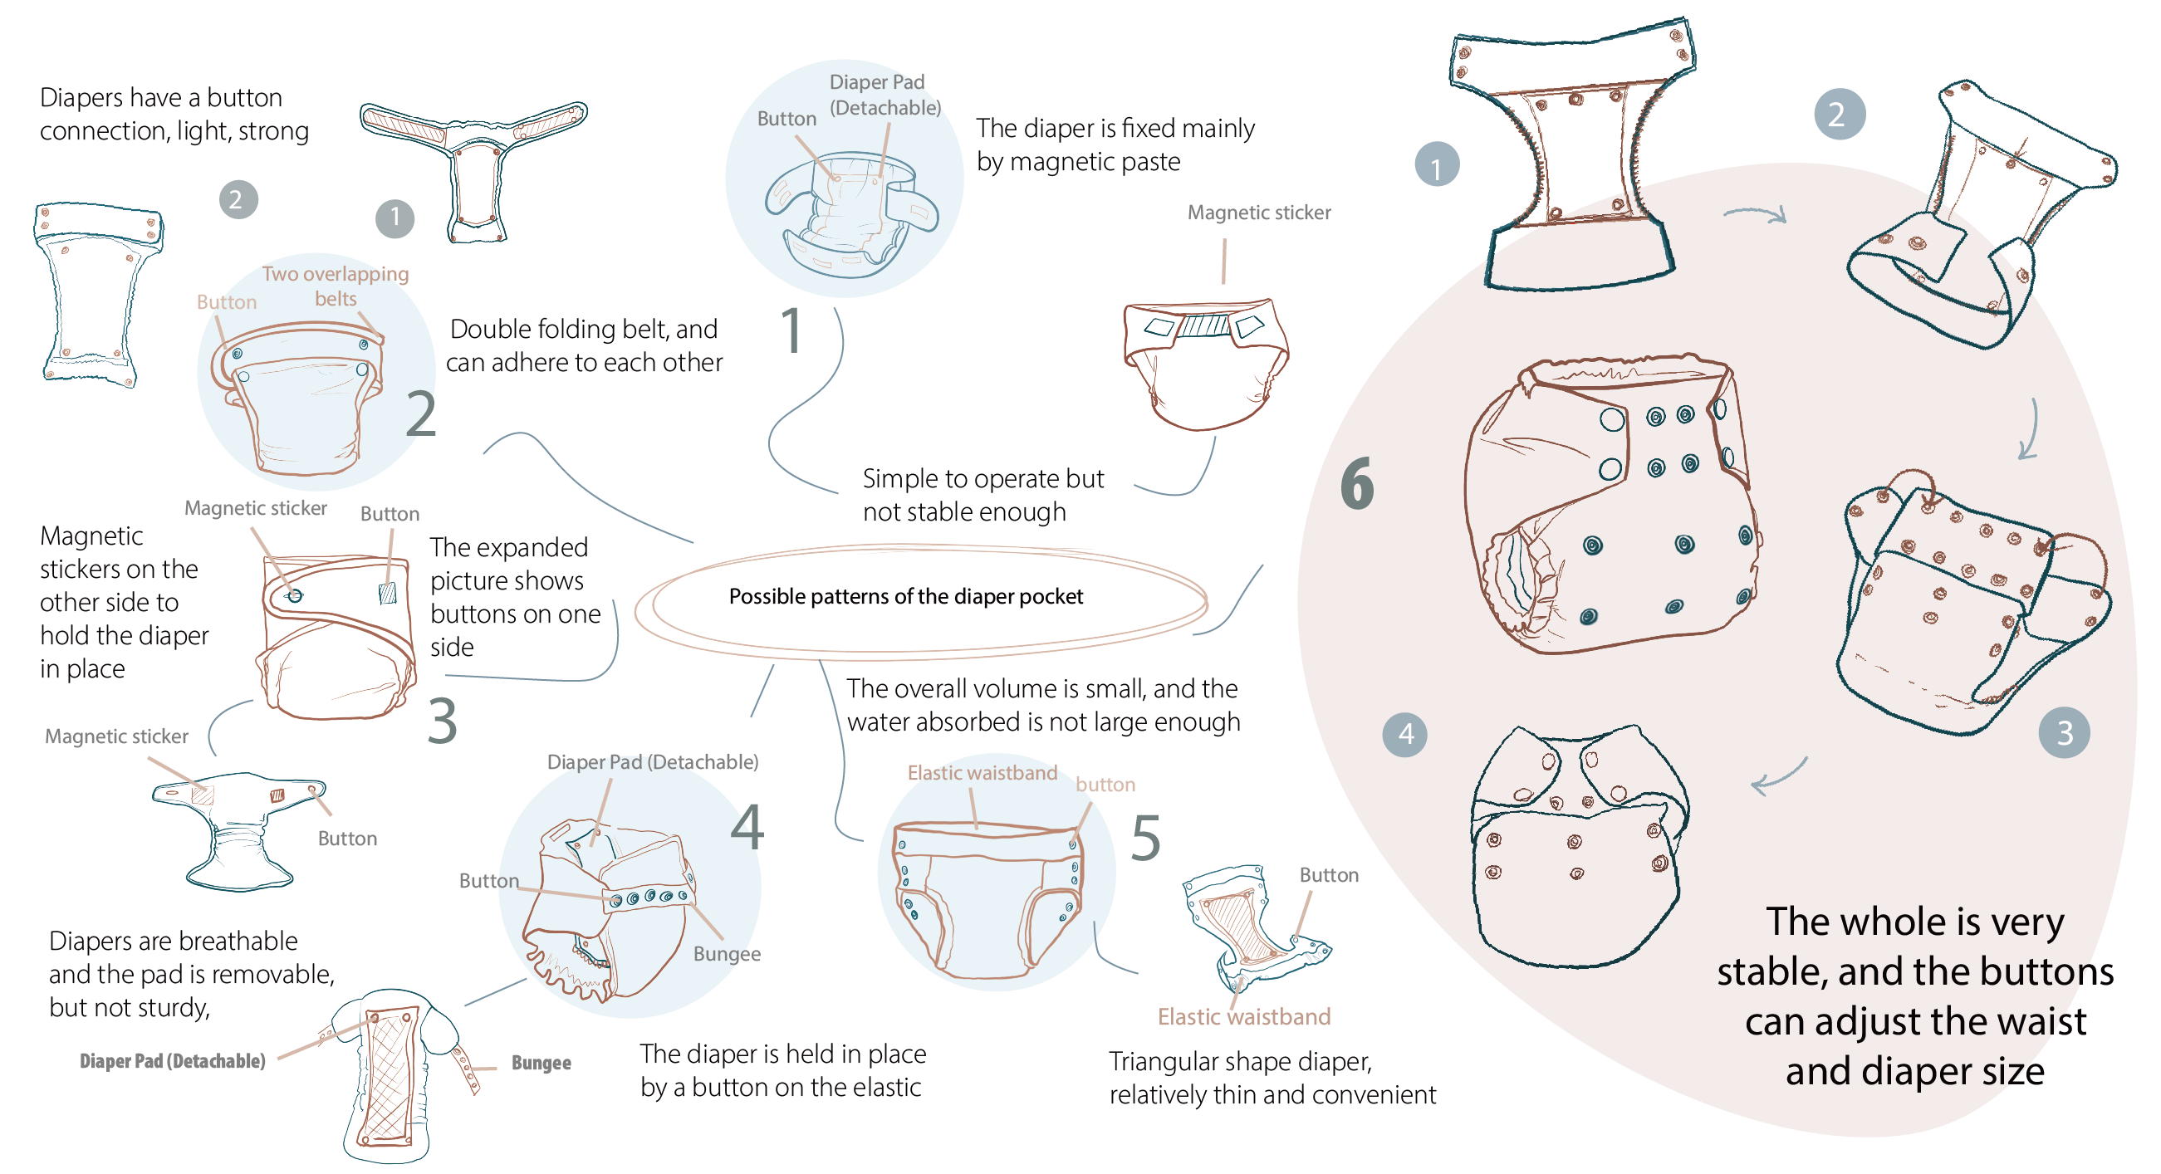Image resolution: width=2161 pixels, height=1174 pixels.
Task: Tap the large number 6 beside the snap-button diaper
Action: [1356, 484]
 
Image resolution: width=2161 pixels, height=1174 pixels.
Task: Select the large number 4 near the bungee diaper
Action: [747, 827]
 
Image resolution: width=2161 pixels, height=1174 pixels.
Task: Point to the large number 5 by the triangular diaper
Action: [1145, 838]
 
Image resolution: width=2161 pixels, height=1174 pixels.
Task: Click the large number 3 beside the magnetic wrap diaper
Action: [442, 722]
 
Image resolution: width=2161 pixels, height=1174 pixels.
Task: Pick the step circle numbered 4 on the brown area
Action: [1405, 735]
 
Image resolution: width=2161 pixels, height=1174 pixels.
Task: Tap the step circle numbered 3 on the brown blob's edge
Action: [2064, 733]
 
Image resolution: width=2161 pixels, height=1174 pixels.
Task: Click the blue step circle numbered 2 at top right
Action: [1839, 115]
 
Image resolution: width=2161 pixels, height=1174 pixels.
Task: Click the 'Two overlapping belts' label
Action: [336, 286]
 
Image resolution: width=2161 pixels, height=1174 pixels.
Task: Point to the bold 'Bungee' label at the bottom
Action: [541, 1064]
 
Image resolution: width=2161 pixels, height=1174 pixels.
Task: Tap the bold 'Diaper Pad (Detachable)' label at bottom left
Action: [172, 1062]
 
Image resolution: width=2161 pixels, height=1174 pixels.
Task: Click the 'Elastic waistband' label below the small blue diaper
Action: [1243, 1017]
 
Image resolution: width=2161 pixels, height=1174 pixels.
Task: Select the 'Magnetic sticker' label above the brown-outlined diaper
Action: [1258, 213]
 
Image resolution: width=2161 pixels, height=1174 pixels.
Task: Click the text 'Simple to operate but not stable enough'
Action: [982, 495]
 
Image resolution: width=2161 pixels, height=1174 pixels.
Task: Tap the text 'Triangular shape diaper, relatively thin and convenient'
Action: [1271, 1079]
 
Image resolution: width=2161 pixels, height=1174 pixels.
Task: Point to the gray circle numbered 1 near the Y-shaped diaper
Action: [394, 219]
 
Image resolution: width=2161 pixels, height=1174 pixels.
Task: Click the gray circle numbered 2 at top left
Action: [238, 199]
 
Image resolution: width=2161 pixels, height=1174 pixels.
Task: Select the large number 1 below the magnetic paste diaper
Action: [791, 330]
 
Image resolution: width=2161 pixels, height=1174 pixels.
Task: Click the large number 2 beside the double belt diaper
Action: [420, 414]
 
